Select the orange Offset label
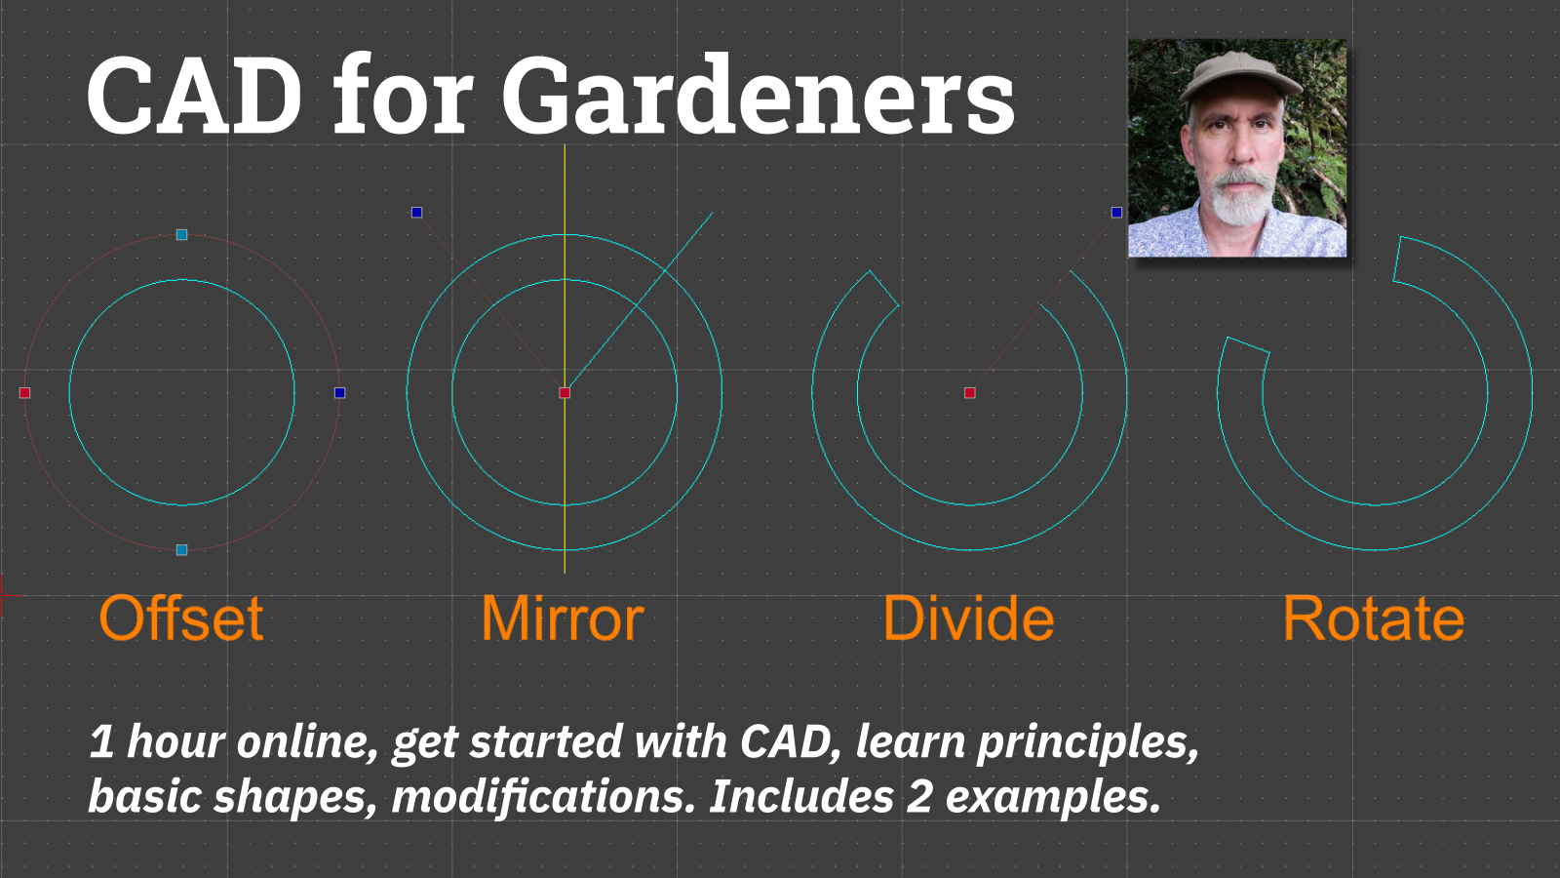[181, 619]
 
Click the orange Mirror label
[563, 619]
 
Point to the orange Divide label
[968, 619]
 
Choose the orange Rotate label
[1373, 619]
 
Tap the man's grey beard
[1238, 200]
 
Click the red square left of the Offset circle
[25, 393]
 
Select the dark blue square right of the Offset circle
[339, 393]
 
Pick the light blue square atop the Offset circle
[182, 235]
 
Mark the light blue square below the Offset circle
[182, 550]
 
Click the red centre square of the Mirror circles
[565, 393]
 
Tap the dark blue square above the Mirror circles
[417, 213]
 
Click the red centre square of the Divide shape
[970, 393]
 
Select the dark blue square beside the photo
[1116, 213]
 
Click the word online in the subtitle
[307, 741]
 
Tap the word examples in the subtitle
[1053, 796]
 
